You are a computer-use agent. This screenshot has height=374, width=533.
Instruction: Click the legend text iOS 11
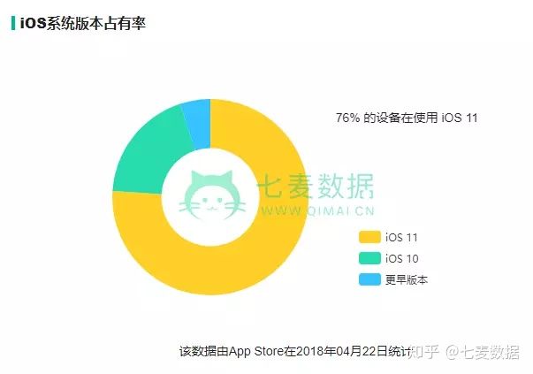401,237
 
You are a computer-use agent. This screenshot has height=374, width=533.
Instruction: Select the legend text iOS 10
401,258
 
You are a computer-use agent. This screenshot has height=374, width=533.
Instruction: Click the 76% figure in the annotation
346,118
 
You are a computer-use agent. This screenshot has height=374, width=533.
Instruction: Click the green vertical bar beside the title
12,23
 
